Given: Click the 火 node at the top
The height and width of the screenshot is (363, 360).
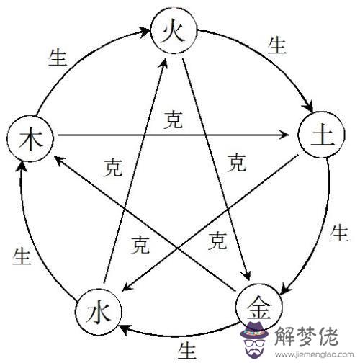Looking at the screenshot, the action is pyautogui.click(x=174, y=30).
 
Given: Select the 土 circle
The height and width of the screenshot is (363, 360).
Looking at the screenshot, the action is pyautogui.click(x=322, y=135).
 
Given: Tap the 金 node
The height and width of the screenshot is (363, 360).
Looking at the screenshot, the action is pyautogui.click(x=259, y=308).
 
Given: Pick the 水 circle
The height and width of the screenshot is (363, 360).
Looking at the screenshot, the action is pyautogui.click(x=99, y=312).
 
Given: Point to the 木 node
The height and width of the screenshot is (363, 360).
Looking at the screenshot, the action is pyautogui.click(x=30, y=139).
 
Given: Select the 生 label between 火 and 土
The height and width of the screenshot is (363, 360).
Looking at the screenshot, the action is pyautogui.click(x=277, y=45).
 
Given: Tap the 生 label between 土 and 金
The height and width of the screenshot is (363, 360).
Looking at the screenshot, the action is pyautogui.click(x=339, y=233).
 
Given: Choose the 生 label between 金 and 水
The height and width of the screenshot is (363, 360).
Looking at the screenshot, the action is pyautogui.click(x=186, y=351).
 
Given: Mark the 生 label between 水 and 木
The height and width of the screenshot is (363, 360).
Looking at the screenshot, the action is pyautogui.click(x=22, y=256).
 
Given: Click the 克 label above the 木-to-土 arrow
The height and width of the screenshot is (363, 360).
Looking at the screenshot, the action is pyautogui.click(x=174, y=120).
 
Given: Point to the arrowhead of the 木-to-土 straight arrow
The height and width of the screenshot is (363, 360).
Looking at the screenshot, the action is pyautogui.click(x=284, y=135).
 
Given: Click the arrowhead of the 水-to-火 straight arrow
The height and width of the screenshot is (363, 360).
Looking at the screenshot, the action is pyautogui.click(x=164, y=63).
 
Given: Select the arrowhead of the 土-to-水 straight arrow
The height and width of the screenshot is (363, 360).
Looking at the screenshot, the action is pyautogui.click(x=127, y=287).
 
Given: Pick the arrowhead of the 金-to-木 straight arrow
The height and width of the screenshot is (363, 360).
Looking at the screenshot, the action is pyautogui.click(x=59, y=160).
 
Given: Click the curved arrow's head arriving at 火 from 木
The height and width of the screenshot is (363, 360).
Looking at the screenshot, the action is pyautogui.click(x=145, y=32).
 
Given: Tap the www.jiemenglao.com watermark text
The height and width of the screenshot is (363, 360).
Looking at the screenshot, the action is pyautogui.click(x=315, y=354).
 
